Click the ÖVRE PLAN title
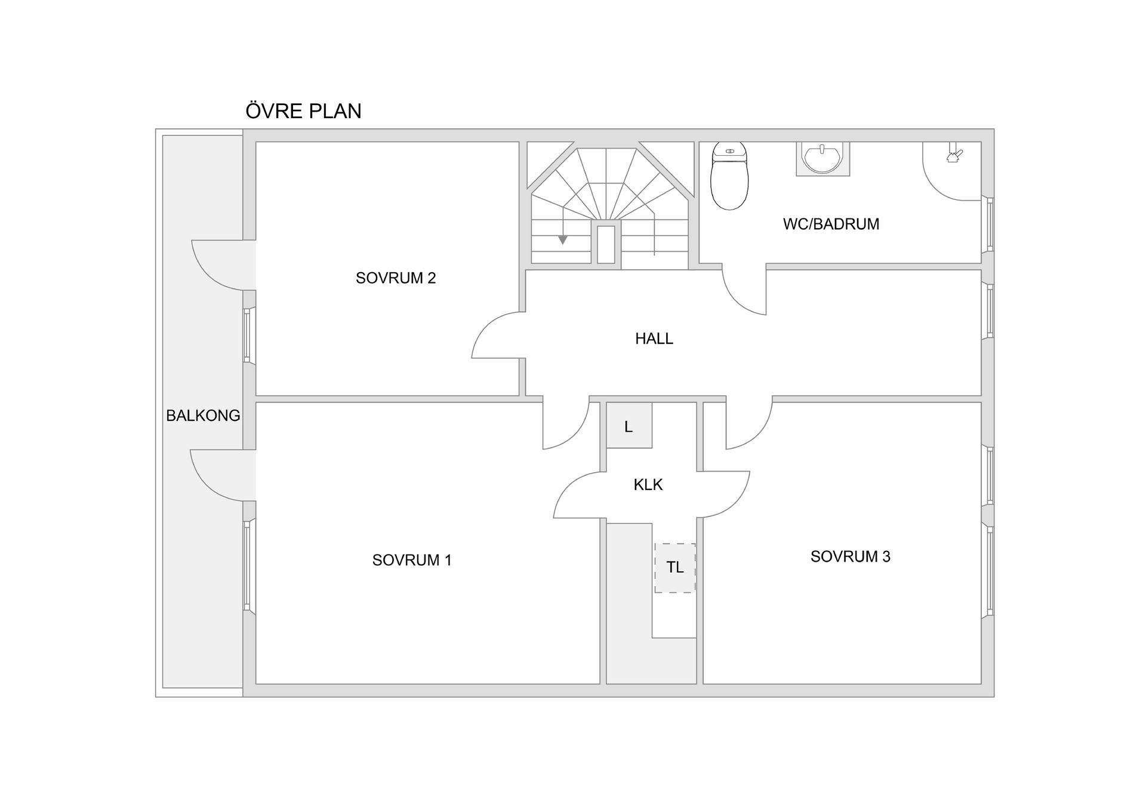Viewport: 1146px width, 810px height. pyautogui.click(x=303, y=110)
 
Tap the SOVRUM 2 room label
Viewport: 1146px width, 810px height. pyautogui.click(x=396, y=278)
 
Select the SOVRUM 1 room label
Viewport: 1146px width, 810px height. pyautogui.click(x=412, y=560)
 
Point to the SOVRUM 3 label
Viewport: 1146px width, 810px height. pyautogui.click(x=850, y=556)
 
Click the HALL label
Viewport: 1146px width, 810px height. pyautogui.click(x=654, y=338)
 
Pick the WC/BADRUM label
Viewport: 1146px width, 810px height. pyautogui.click(x=831, y=224)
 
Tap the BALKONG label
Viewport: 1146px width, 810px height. pyautogui.click(x=203, y=415)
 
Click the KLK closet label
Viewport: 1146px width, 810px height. pyautogui.click(x=648, y=484)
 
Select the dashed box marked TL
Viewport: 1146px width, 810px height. pyautogui.click(x=675, y=568)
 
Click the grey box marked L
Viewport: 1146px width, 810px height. pyautogui.click(x=629, y=426)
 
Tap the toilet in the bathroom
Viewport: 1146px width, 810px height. pyautogui.click(x=729, y=175)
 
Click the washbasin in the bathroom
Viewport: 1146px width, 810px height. pyautogui.click(x=823, y=158)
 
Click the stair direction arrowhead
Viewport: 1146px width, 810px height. pyautogui.click(x=562, y=240)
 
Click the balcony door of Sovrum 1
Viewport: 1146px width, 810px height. pyautogui.click(x=223, y=475)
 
